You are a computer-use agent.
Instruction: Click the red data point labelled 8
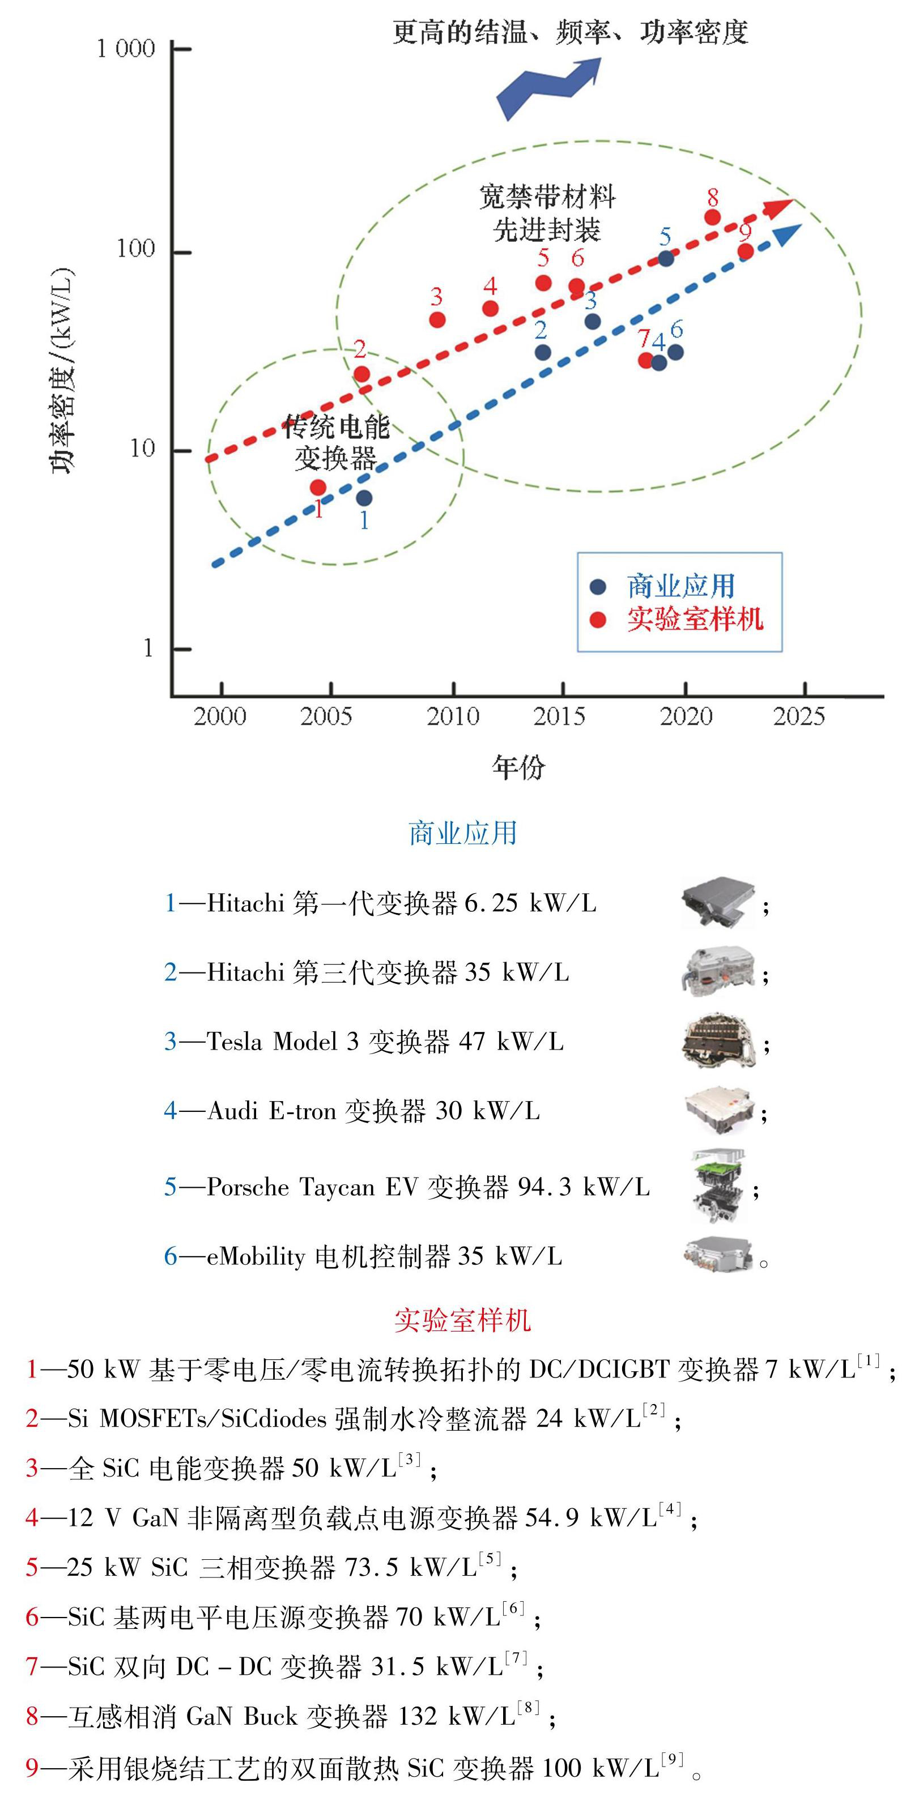712,217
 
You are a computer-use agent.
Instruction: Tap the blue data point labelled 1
364,498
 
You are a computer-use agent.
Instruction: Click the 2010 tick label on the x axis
453,716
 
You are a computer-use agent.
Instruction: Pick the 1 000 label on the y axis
126,49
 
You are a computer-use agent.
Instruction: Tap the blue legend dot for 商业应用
598,586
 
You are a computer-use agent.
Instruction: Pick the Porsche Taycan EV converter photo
718,1186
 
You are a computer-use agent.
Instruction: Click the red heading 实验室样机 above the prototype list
462,1320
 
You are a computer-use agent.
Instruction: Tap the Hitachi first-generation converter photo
719,902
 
